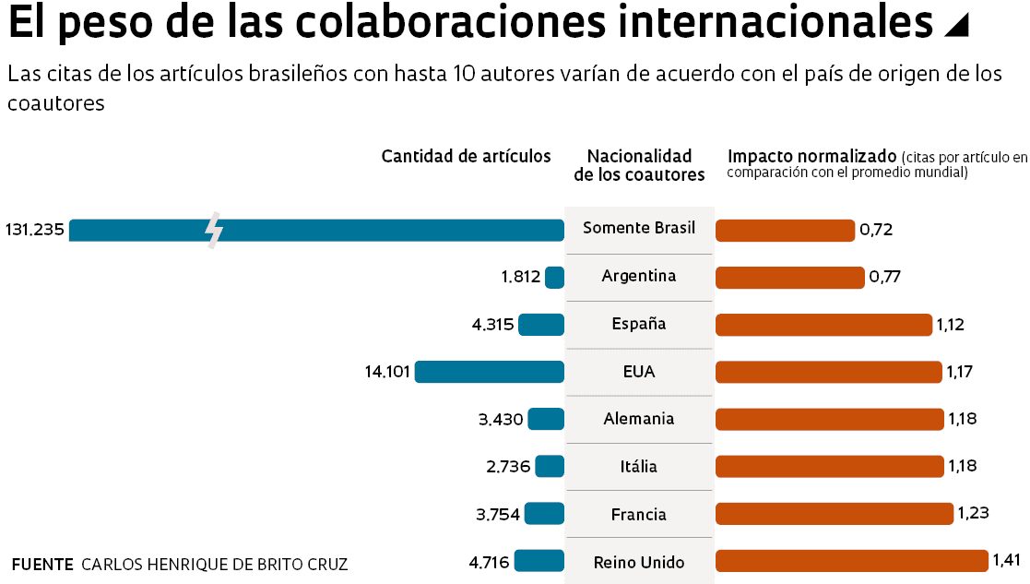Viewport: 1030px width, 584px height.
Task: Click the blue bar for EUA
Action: [489, 372]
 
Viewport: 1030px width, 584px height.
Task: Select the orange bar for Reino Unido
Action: [851, 561]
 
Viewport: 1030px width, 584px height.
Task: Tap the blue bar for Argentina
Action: [554, 277]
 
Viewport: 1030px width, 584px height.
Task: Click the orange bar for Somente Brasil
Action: [785, 230]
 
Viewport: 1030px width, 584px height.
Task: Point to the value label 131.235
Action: [34, 230]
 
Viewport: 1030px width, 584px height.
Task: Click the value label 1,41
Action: [1005, 560]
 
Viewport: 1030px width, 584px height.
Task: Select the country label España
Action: [638, 324]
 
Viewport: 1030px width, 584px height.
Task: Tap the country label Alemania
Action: [638, 419]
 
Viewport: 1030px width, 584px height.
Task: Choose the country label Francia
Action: [638, 514]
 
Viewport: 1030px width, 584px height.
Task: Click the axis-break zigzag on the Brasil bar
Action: [214, 231]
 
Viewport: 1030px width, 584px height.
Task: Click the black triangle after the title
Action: [957, 26]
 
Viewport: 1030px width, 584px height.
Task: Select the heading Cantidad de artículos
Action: [466, 156]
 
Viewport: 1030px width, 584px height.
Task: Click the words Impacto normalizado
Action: [811, 155]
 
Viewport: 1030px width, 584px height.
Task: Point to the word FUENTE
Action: [42, 564]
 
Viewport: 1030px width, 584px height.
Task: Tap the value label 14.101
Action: [387, 372]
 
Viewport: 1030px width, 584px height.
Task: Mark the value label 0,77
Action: [884, 277]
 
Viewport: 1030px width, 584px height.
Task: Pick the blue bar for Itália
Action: [550, 467]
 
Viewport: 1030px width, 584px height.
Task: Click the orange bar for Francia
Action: [834, 514]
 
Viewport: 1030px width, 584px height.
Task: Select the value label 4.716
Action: [489, 561]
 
